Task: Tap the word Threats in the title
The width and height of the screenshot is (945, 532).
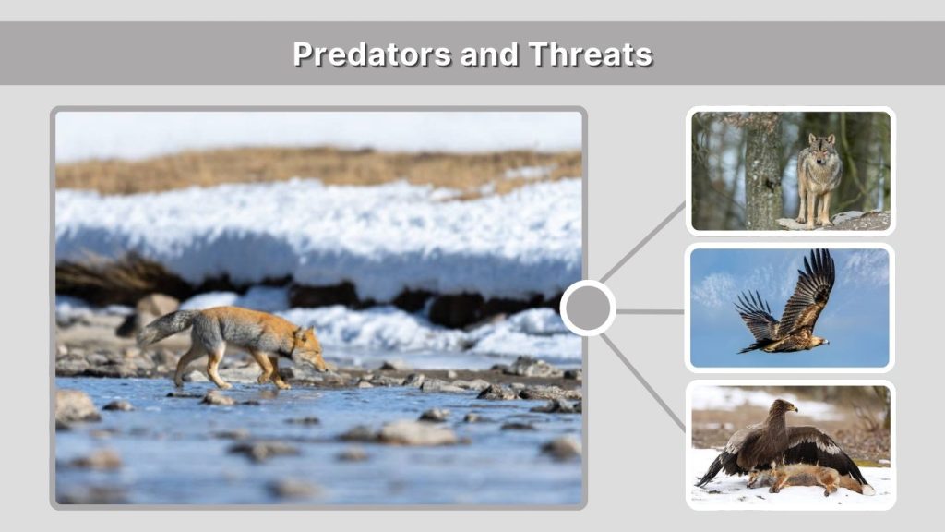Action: [592, 54]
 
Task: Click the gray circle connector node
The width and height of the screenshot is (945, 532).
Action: [588, 308]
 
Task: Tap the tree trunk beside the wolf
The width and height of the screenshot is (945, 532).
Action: [762, 171]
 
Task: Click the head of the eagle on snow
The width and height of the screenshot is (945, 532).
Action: [785, 408]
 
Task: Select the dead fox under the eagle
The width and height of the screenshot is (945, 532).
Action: [804, 478]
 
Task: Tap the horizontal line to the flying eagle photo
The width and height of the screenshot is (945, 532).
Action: [651, 311]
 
